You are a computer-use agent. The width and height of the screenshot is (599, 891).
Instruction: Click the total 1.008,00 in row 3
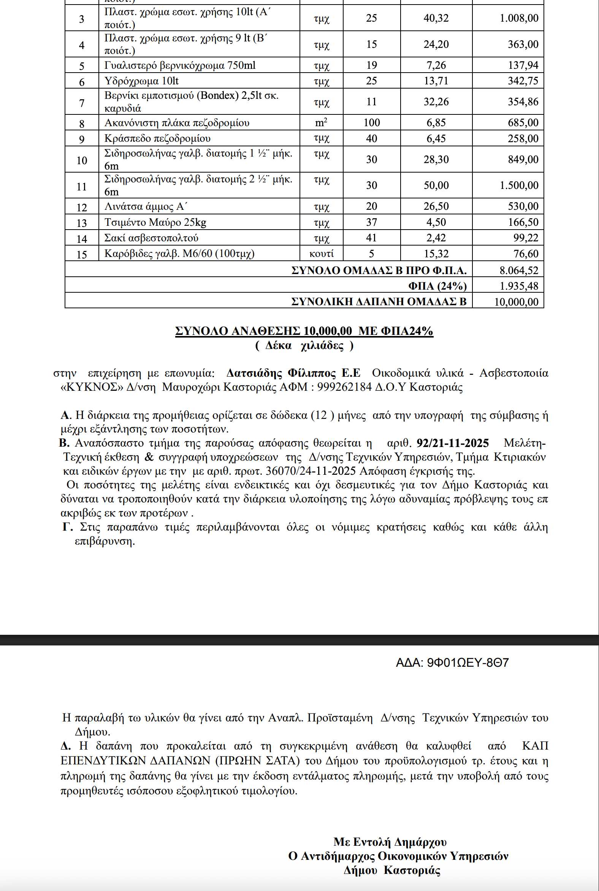pos(519,18)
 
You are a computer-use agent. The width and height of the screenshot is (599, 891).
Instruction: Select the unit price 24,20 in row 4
pos(436,44)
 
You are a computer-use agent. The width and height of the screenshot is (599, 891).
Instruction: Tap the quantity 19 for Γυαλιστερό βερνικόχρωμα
pos(371,65)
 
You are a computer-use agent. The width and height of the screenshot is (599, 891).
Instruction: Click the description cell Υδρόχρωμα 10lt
pos(141,81)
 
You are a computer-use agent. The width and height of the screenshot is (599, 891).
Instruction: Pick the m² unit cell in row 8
pos(321,123)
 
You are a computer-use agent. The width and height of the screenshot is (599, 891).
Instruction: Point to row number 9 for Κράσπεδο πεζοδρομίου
pos(82,139)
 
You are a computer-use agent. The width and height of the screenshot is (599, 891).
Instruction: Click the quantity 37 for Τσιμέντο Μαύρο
pos(371,222)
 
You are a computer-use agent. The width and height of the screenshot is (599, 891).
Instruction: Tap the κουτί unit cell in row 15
pos(321,254)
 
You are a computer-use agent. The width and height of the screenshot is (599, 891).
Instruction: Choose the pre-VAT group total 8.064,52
pos(519,271)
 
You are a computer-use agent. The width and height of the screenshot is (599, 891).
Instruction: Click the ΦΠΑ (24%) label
pos(437,286)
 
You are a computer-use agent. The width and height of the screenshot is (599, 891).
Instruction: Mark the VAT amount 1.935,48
pos(519,286)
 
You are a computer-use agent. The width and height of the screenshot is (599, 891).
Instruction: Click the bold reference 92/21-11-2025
pos(453,443)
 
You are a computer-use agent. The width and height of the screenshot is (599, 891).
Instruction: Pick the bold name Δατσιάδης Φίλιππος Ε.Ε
pos(293,373)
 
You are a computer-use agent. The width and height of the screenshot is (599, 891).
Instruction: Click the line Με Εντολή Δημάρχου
pos(390,842)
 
